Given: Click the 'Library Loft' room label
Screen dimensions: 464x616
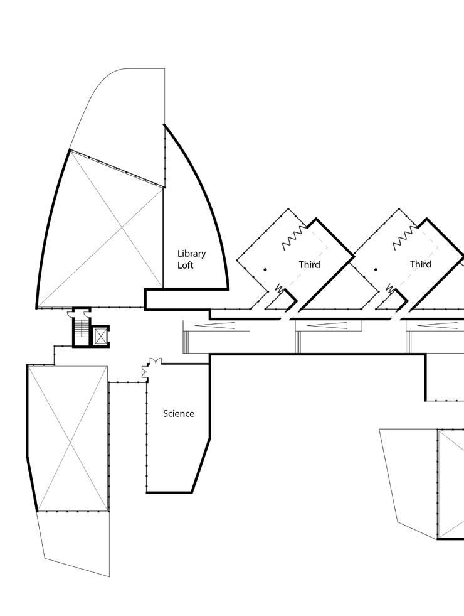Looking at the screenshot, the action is pos(191,259).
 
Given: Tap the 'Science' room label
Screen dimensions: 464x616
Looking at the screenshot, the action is pos(179,413).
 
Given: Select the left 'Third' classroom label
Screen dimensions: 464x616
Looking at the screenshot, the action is pos(309,264).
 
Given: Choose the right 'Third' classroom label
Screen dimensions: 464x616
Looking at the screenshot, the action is pos(421,264).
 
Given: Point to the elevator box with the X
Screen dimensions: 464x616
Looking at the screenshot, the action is pos(100,335).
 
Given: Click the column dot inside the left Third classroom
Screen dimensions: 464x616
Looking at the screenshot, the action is pos(265,269).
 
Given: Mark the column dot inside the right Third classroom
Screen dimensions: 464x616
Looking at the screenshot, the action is pos(376,269).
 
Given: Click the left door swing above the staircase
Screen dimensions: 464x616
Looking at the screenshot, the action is pos(73,314).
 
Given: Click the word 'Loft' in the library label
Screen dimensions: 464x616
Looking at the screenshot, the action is pos(186,266).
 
